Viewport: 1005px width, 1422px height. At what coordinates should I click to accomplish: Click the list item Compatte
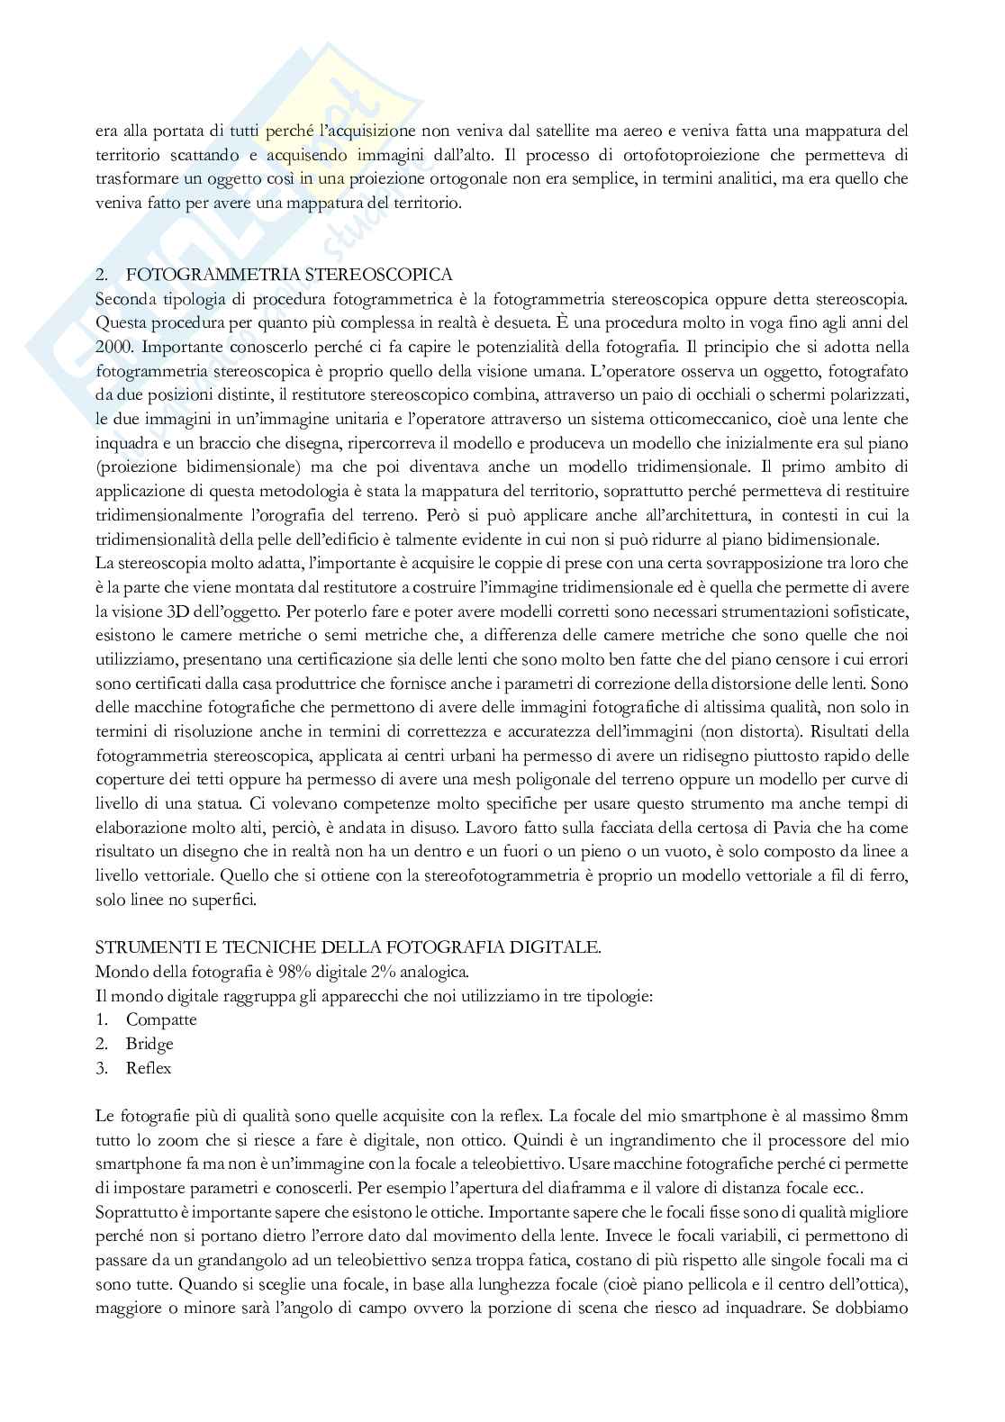pos(161,1019)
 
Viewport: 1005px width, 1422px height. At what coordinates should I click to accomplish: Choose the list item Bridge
pos(149,1044)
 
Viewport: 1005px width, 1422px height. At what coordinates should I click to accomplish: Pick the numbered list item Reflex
pos(149,1068)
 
